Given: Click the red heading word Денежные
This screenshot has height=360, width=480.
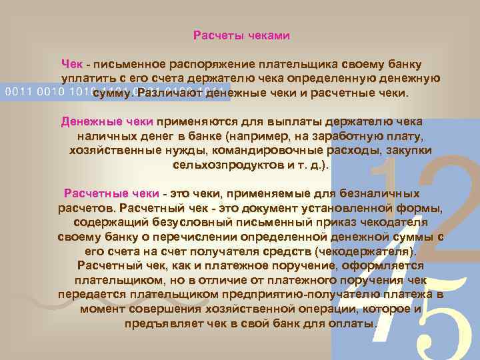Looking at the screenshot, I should pos(83,122).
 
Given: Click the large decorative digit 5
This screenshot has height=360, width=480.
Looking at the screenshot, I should pos(438,320).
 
